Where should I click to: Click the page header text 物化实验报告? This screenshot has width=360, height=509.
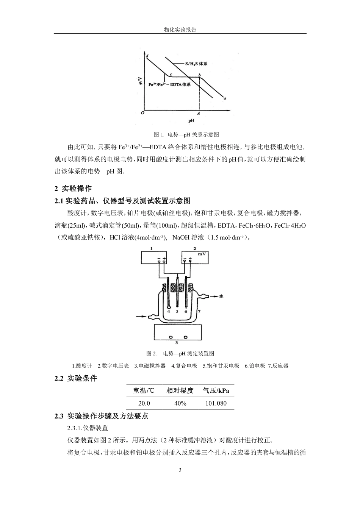180,30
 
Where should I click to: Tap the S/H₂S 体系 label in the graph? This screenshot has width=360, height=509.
196,64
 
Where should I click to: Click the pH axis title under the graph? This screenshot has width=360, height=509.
191,121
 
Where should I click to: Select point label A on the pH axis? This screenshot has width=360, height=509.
198,113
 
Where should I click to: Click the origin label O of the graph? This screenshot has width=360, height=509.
142,113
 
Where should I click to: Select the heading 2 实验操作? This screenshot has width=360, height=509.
74,189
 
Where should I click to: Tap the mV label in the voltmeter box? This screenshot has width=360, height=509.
202,254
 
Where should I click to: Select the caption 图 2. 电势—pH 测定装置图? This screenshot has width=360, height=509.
180,353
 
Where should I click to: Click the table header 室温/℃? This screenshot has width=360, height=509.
144,390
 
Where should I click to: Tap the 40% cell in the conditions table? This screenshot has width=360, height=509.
180,403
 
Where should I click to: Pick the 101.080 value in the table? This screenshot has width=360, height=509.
216,403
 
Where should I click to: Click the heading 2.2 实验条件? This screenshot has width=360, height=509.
76,378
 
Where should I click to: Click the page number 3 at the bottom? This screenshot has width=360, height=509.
180,470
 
